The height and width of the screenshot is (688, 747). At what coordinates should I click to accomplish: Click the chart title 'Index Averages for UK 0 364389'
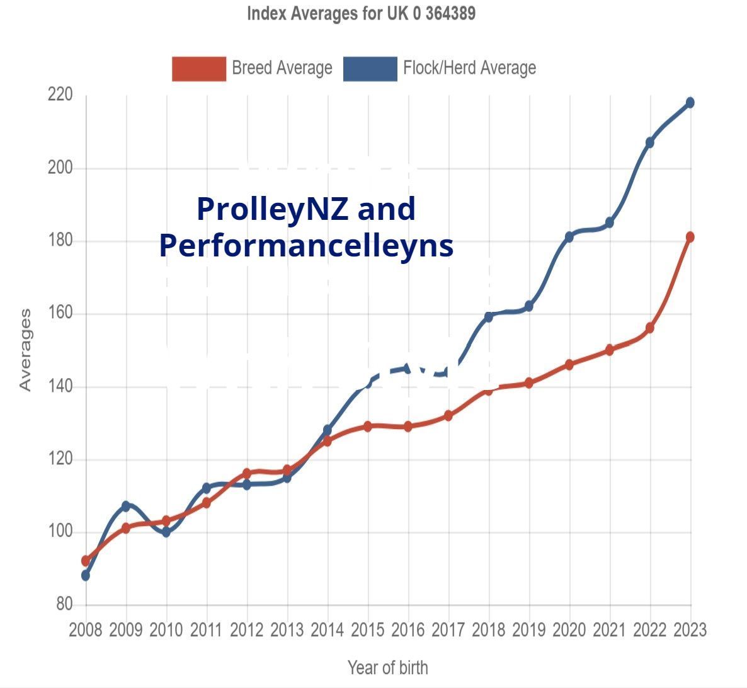point(361,13)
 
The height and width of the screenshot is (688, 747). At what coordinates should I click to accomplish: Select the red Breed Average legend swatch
point(198,69)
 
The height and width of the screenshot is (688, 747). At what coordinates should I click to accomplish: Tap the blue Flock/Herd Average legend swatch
point(370,69)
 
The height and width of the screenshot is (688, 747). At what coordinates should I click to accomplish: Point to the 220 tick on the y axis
point(60,95)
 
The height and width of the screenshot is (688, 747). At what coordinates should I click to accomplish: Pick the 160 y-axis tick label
point(60,313)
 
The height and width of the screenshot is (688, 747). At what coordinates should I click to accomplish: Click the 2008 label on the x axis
point(85,629)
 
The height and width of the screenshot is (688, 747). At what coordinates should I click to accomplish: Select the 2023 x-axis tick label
point(690,629)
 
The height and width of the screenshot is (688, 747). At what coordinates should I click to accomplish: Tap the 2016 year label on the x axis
point(408,629)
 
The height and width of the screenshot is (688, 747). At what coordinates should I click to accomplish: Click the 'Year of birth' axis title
point(387,667)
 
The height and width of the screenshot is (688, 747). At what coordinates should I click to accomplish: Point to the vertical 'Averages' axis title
point(25,350)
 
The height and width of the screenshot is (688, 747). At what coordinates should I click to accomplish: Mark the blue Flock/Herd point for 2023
point(690,103)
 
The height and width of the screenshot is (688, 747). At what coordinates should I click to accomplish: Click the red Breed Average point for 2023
point(690,237)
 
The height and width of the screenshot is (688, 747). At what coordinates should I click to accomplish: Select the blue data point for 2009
point(125,506)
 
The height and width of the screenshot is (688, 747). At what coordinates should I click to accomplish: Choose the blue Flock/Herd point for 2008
point(86,575)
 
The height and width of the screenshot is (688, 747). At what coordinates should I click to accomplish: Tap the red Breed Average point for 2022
point(650,328)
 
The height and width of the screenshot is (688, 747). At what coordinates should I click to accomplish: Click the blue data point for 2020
point(569,237)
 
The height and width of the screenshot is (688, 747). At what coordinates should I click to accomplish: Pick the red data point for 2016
point(408,427)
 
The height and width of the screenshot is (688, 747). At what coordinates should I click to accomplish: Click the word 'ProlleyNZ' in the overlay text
point(272,209)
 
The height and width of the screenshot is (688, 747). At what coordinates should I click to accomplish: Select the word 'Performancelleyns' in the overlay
point(306,245)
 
